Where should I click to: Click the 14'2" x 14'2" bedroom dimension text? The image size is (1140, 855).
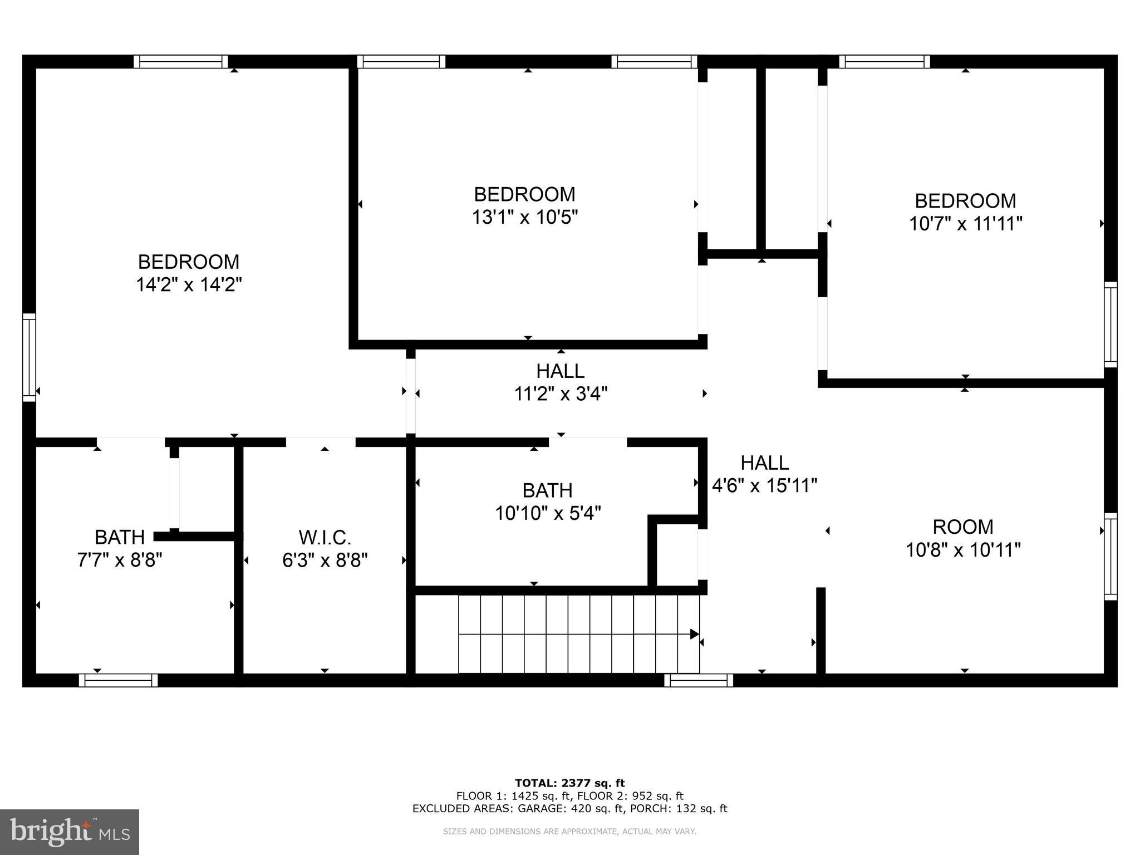[x=189, y=285]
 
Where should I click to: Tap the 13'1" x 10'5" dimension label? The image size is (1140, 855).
[x=525, y=217]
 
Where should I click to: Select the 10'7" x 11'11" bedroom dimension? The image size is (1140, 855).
[x=965, y=224]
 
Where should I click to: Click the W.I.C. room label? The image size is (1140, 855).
[x=325, y=537]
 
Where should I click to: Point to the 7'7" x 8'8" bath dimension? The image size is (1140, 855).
[x=120, y=560]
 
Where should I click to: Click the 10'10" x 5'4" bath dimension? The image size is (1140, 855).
[x=548, y=513]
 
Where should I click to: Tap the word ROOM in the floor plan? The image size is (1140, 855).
[x=962, y=527]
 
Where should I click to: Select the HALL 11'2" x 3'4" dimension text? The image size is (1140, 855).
[x=560, y=394]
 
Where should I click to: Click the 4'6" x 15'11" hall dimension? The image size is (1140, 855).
[x=764, y=485]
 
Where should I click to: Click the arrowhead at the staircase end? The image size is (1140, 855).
[x=694, y=634]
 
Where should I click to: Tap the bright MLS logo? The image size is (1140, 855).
[x=70, y=832]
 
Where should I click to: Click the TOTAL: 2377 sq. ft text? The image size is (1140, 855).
[x=569, y=783]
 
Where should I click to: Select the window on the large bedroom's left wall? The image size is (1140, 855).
[x=29, y=357]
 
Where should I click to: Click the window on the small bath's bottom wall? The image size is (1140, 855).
[x=118, y=680]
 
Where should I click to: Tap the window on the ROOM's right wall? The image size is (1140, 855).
[x=1110, y=556]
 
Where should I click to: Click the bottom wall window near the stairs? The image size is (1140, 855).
[x=699, y=680]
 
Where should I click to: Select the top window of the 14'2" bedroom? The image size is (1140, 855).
[x=181, y=61]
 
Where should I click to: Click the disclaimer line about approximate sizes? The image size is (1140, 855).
[x=569, y=832]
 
